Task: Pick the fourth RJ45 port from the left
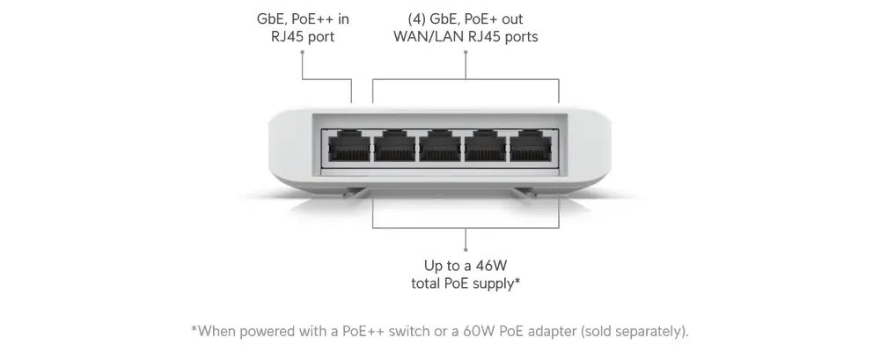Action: [x=488, y=147]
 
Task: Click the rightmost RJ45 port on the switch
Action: [x=534, y=147]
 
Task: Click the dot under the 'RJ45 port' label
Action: [x=303, y=52]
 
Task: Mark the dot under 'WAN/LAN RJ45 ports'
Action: [x=466, y=52]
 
